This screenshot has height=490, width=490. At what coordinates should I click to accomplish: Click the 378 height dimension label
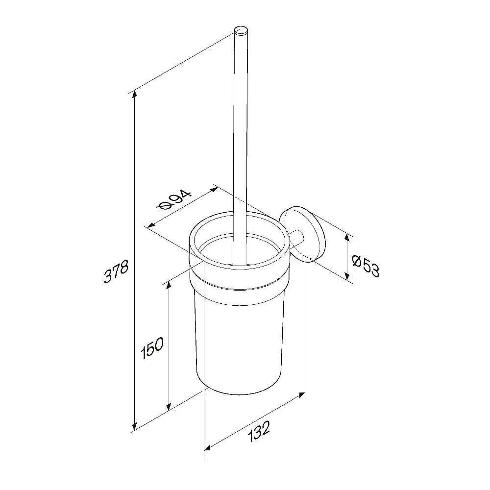click(116, 271)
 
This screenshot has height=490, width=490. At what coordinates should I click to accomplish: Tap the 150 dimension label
click(152, 347)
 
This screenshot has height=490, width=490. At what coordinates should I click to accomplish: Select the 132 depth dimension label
click(258, 432)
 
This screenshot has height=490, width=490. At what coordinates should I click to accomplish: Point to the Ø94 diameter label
click(175, 200)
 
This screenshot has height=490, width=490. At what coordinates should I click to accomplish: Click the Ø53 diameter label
click(366, 266)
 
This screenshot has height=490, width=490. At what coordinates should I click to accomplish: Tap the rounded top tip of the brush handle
click(241, 31)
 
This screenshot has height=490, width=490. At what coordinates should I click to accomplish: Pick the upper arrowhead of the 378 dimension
click(134, 94)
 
